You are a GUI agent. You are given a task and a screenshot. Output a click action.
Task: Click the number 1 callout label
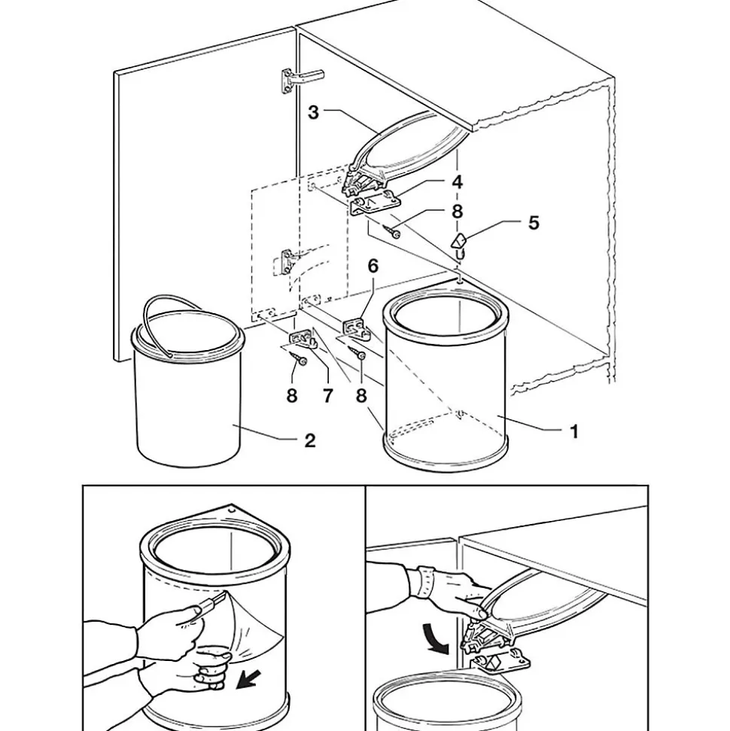pos(574,431)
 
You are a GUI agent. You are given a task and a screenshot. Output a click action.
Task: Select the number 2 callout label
pos(310,440)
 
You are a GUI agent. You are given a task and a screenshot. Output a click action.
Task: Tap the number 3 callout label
pos(314,112)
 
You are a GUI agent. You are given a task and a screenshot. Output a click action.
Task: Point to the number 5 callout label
pos(534,223)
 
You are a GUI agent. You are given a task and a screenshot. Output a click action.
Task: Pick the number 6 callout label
pos(373,266)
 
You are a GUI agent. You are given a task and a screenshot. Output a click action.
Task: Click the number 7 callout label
pos(327,395)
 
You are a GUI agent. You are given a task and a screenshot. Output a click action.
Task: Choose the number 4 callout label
pos(457,181)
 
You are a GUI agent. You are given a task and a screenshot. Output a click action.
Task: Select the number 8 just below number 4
pos(457,212)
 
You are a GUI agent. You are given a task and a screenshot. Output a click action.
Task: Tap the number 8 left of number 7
pos(292,395)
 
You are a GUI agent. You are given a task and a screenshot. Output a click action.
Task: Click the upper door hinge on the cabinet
pos(300,79)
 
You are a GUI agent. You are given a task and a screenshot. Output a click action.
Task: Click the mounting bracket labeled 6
pos(356,328)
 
